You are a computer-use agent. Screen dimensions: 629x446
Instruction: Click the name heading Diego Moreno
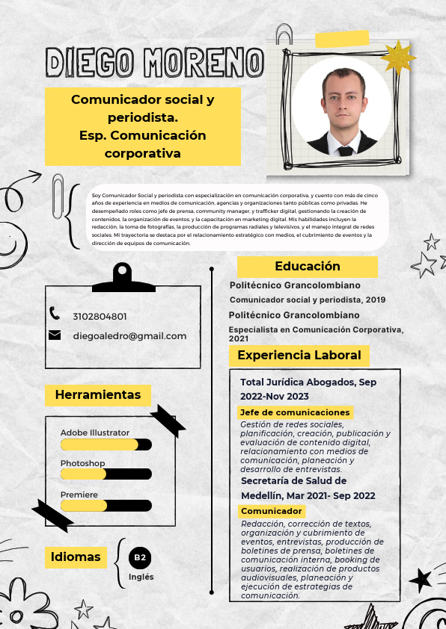pos(154,63)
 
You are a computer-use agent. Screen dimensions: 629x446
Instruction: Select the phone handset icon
pos(55,314)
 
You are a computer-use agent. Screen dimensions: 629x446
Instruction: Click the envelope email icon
pos(55,335)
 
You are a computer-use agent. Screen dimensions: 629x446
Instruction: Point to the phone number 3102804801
pos(100,317)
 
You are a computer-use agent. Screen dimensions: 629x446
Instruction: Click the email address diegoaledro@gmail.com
pos(129,336)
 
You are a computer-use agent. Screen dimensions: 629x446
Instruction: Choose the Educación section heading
pos(307,267)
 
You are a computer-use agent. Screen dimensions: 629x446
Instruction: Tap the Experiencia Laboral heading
pos(299,356)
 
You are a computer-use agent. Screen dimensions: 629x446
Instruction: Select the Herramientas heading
pos(97,394)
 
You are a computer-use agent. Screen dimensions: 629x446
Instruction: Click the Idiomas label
pos(76,557)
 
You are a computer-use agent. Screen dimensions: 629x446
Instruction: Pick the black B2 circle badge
pos(140,557)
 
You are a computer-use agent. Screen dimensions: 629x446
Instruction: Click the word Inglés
pos(141,577)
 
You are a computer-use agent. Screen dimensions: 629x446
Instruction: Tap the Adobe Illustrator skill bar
pos(106,445)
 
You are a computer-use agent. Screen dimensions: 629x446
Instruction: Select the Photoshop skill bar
pos(106,474)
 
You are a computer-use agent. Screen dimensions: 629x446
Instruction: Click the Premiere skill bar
pos(106,506)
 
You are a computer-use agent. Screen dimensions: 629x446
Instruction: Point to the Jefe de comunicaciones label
pos(295,412)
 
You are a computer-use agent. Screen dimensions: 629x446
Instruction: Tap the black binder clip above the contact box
pos(123,279)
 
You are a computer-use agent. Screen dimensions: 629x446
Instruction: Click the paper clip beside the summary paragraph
pos(58,195)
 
